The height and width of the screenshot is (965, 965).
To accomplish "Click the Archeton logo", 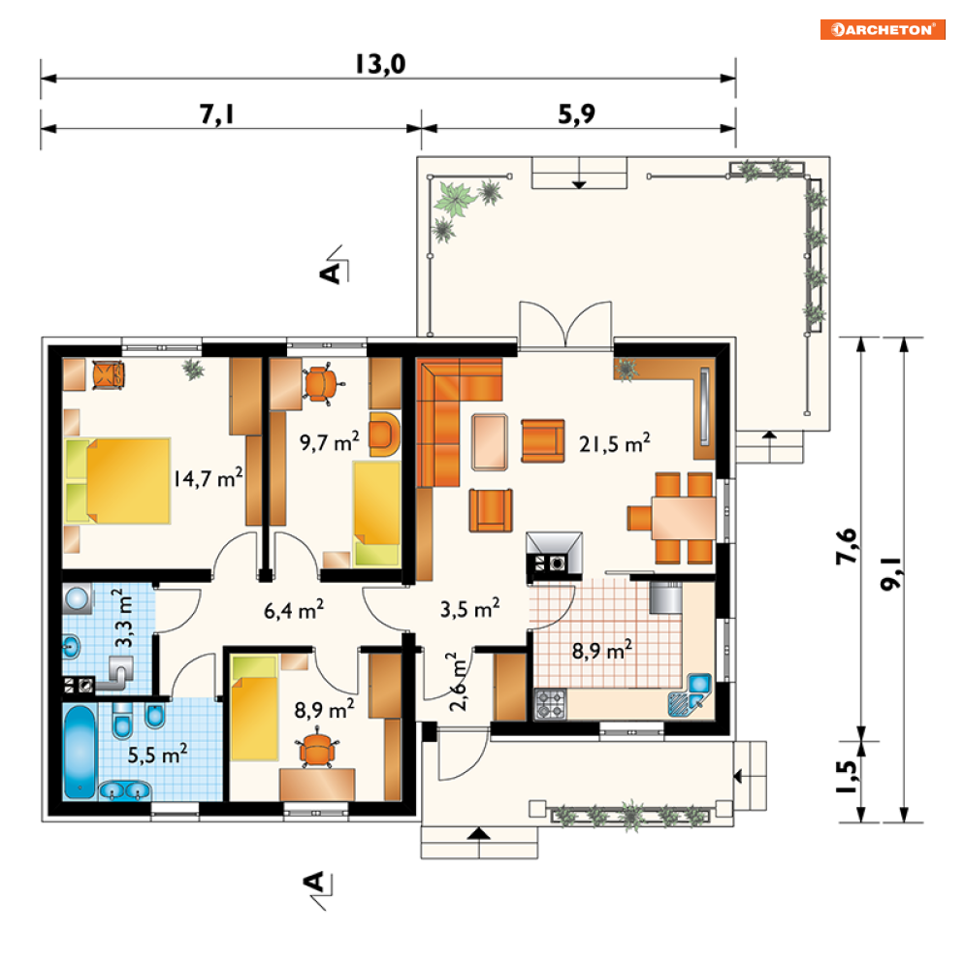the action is point(882,29).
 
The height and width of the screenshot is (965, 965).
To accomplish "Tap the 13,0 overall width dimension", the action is point(381,65).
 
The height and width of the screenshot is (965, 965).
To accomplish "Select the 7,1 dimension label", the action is point(217,113).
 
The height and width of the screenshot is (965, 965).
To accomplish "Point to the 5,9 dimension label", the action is point(577,113).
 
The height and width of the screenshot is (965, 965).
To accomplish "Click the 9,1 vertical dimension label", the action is point(890,574).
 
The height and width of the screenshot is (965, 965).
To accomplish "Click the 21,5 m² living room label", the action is point(614,443).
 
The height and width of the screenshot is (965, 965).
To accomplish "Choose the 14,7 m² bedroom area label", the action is point(208,477).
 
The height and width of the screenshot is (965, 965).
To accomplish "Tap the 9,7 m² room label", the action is point(329,442).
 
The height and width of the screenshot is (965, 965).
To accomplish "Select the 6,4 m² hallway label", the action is point(294,610).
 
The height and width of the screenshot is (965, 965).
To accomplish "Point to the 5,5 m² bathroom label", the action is point(157,755).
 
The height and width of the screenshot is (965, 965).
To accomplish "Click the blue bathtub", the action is point(80,752).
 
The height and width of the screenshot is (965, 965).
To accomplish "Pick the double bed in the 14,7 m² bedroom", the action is point(117,481).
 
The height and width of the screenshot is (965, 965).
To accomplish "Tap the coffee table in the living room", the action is point(490,442).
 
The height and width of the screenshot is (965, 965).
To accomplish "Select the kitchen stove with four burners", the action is point(550,704).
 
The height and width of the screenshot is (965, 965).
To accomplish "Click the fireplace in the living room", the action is point(554,555).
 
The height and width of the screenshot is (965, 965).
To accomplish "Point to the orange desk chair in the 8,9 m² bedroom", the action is point(317,748).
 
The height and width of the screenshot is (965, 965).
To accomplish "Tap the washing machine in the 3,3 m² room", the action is point(79,599).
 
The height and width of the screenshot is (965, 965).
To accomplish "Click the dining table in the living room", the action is point(684,518).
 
